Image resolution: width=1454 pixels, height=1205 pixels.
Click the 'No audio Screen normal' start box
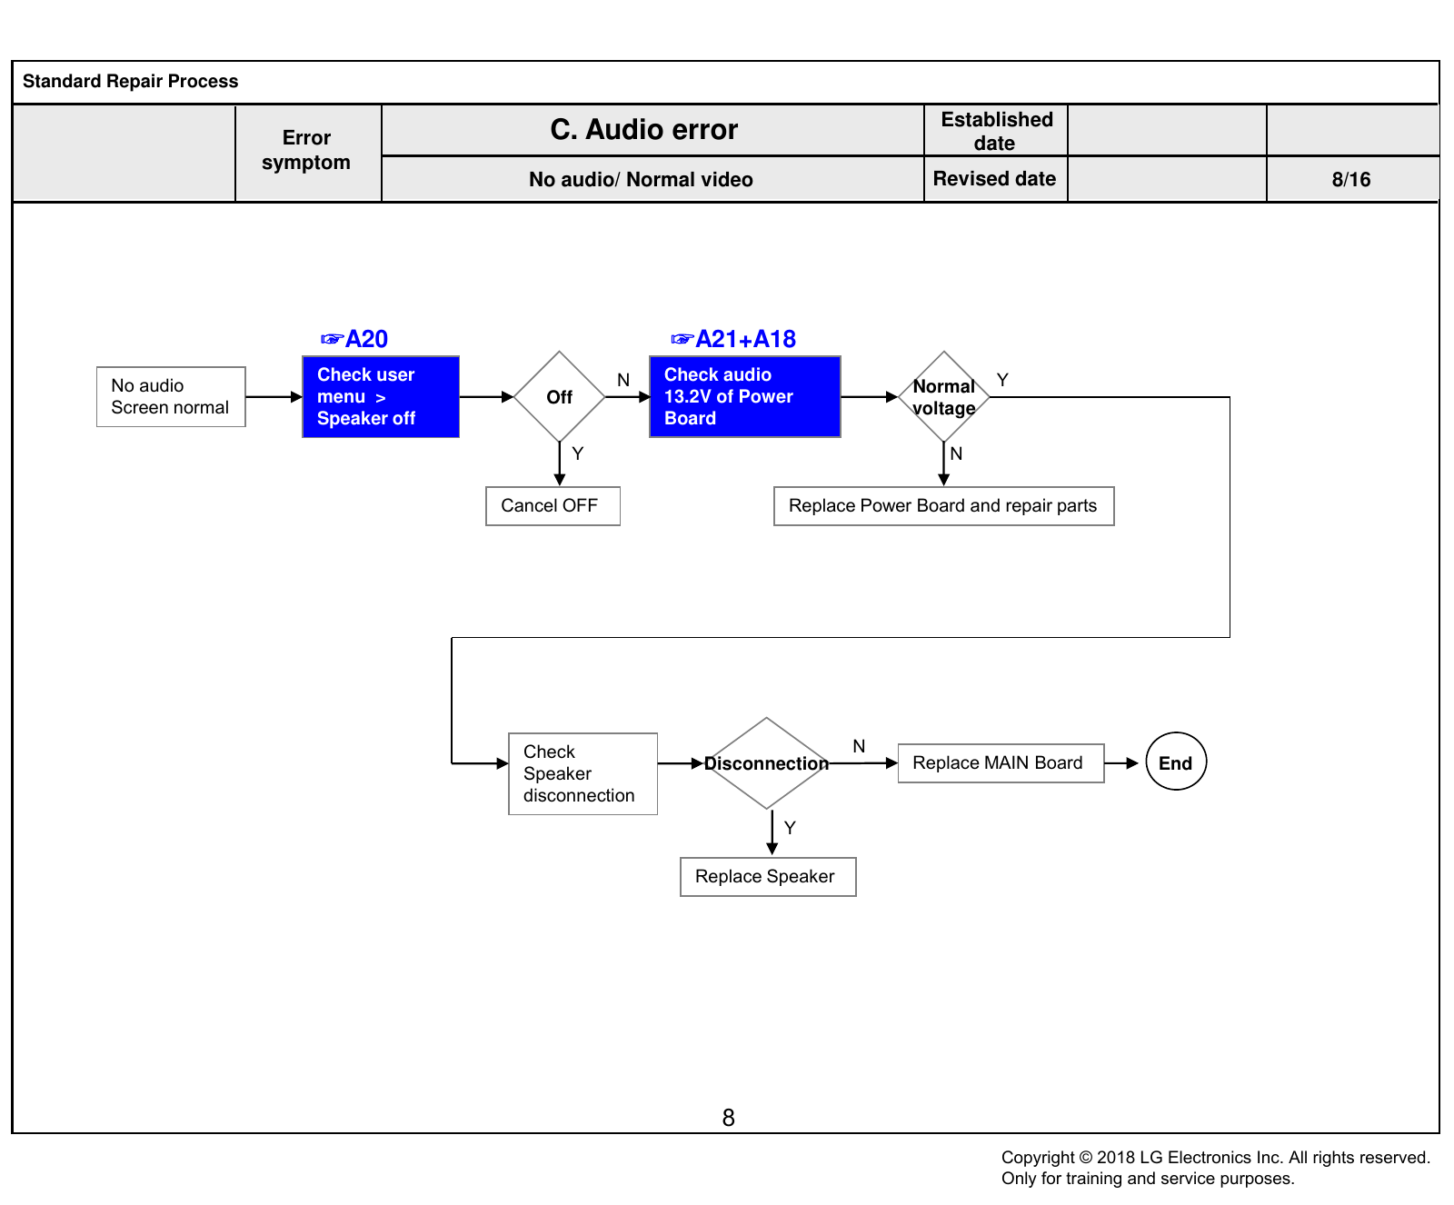click(x=171, y=396)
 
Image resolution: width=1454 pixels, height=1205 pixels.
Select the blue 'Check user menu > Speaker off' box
click(x=381, y=396)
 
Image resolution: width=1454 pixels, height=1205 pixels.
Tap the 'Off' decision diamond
click(x=560, y=397)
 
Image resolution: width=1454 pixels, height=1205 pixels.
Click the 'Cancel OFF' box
click(x=553, y=506)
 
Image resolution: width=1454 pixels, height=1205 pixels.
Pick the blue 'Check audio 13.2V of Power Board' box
click(x=745, y=396)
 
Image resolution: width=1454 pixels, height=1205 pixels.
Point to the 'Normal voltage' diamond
click(x=944, y=397)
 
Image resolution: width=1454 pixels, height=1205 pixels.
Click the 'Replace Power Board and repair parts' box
click(x=943, y=506)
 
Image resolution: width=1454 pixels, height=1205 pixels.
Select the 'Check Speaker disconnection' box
click(x=583, y=773)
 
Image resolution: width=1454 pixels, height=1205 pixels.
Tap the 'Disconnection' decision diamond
click(x=767, y=763)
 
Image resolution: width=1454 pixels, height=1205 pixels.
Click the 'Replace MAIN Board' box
click(x=1001, y=763)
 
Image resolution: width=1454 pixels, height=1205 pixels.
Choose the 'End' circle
click(x=1176, y=762)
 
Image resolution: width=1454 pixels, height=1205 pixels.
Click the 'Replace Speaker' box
click(x=768, y=877)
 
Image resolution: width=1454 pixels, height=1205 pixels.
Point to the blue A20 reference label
click(x=354, y=339)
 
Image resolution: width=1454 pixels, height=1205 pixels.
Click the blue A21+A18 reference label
click(x=733, y=339)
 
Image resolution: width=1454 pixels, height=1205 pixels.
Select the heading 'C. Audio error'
click(x=644, y=130)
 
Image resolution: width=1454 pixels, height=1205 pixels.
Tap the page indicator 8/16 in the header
click(x=1351, y=180)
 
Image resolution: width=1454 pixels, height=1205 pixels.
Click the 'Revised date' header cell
click(x=995, y=179)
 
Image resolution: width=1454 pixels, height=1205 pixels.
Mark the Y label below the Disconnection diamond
click(x=790, y=828)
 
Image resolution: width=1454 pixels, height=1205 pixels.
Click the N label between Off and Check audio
click(x=623, y=380)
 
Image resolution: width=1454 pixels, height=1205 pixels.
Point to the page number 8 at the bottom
click(x=729, y=1118)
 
